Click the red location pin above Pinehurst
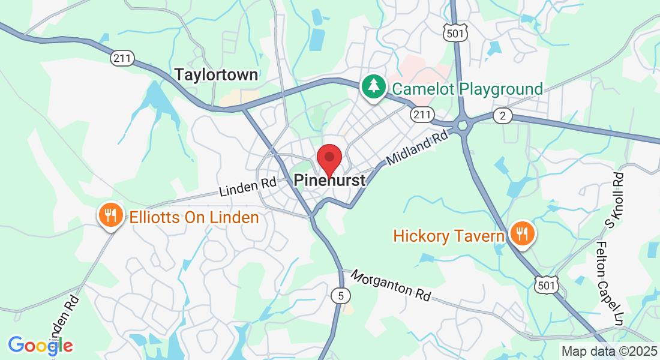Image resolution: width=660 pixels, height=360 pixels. [329, 158]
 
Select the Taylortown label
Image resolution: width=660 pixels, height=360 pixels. [216, 74]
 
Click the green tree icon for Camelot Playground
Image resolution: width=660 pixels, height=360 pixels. [374, 86]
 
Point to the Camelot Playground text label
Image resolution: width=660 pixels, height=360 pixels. [467, 89]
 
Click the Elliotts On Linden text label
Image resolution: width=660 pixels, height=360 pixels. [194, 217]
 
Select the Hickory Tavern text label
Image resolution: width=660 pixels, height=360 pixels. [449, 236]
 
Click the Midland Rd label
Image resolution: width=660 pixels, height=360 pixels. [418, 149]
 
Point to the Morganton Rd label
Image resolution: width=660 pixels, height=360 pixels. [391, 285]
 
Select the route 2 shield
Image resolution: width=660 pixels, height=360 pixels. [502, 116]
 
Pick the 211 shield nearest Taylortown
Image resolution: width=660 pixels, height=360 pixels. [122, 58]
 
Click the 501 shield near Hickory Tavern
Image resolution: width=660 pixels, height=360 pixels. [547, 286]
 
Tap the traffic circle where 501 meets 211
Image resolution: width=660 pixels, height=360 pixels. [462, 125]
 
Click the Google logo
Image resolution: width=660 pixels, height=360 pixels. [40, 345]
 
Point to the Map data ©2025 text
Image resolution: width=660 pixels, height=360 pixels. [608, 351]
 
